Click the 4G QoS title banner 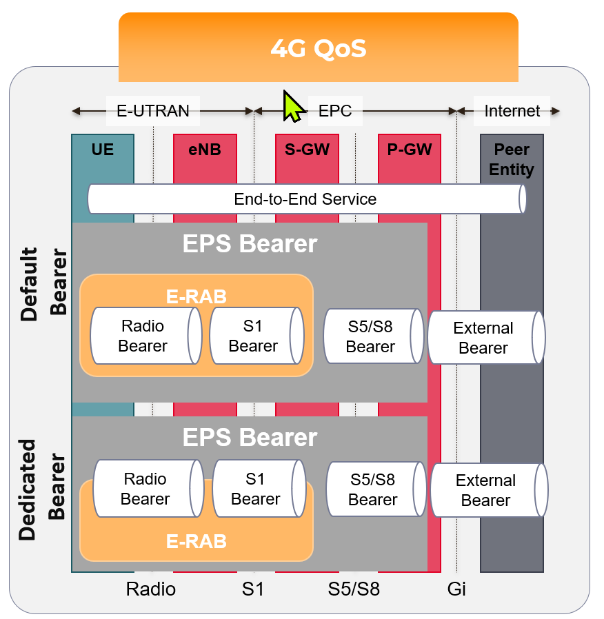tap(318, 48)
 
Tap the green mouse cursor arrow tap(293, 107)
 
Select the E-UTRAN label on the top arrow tap(152, 110)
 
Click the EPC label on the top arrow tap(335, 110)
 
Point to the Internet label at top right tap(512, 110)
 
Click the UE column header tap(103, 150)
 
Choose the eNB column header tap(205, 150)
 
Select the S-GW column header tap(307, 150)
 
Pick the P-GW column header tap(410, 150)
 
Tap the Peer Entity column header tap(512, 159)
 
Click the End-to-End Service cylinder tap(305, 199)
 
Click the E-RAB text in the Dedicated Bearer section tap(197, 542)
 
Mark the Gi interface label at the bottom tap(456, 589)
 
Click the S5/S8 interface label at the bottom tap(354, 589)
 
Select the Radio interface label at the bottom tap(151, 589)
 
